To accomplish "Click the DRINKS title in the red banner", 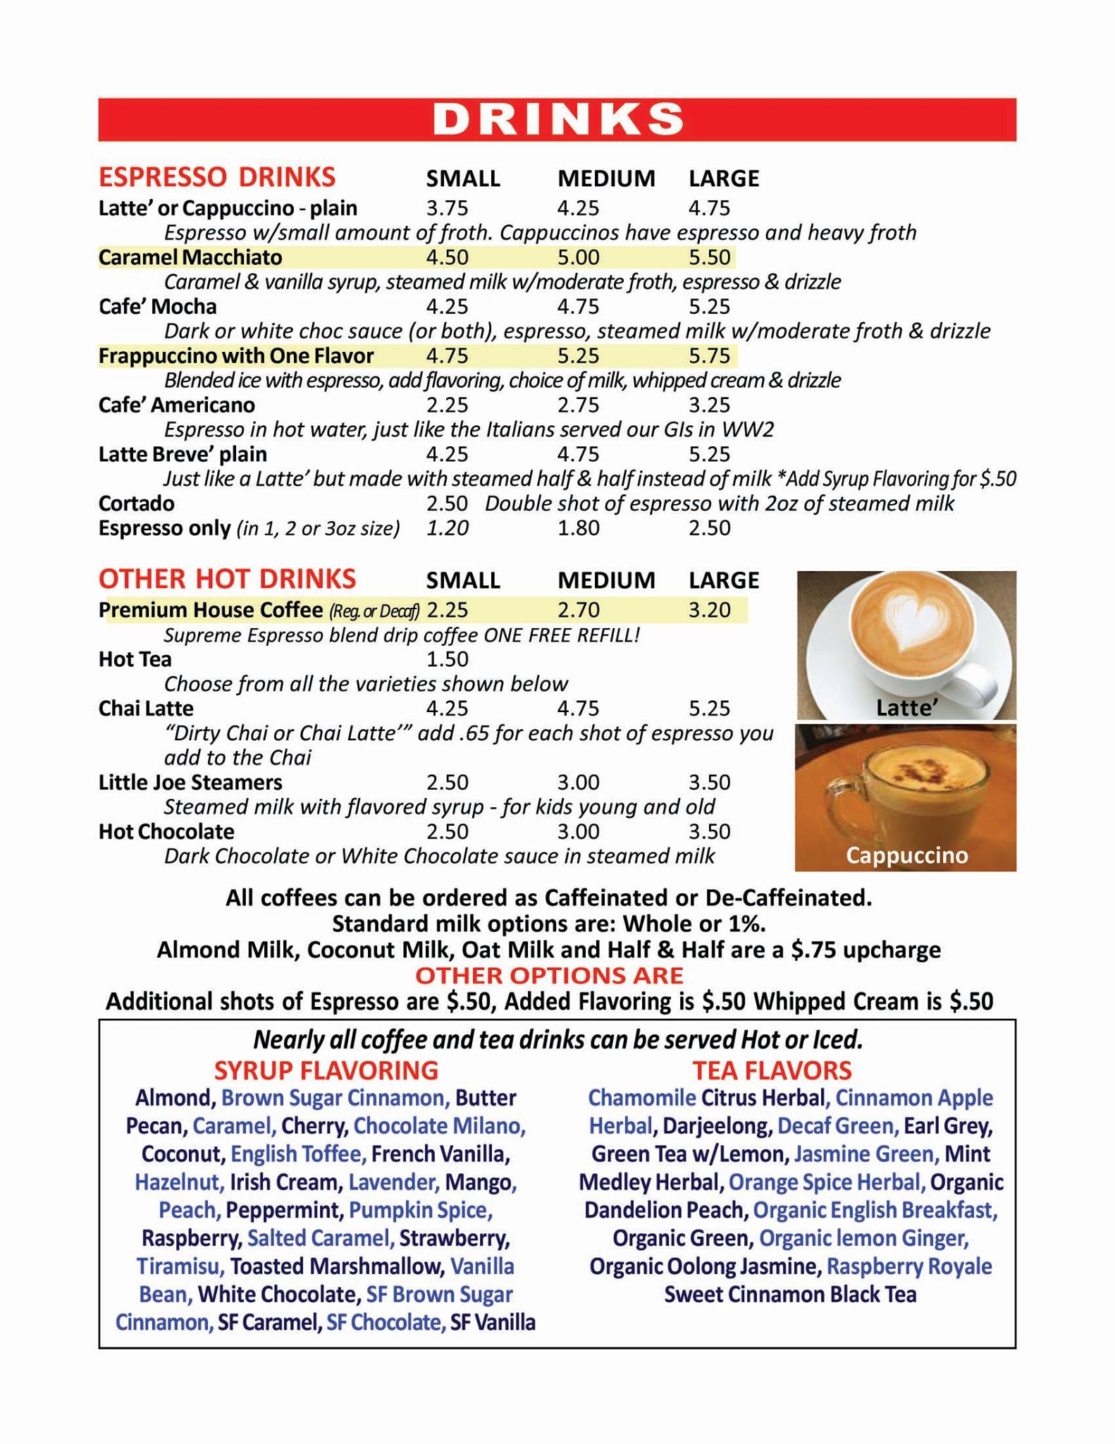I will [557, 119].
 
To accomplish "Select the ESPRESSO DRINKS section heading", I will [217, 177].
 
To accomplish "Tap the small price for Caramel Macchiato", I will [447, 257].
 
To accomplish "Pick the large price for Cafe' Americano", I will [709, 405].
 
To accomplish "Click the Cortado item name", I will [137, 503].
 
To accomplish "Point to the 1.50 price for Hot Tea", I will [447, 659].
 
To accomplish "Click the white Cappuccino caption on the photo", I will [906, 855].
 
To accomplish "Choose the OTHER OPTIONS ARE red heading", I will [549, 976].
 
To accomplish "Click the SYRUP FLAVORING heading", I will [326, 1070].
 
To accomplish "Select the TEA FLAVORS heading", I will [772, 1070].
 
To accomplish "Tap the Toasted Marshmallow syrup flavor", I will [337, 1266].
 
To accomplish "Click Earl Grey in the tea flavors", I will [948, 1126].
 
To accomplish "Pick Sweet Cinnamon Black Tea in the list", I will [790, 1295].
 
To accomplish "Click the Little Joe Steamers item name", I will [190, 783].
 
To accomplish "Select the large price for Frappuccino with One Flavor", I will [709, 356].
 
